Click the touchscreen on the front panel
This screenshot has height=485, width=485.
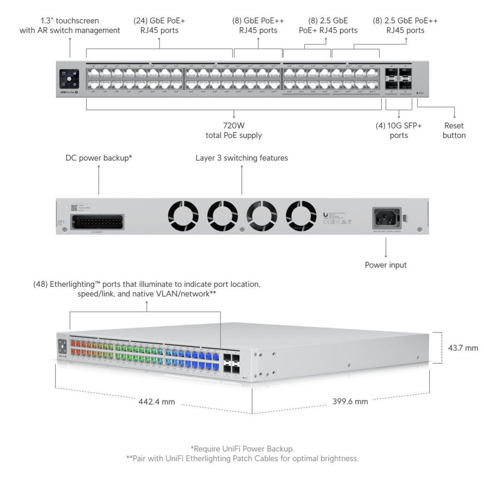click(69, 79)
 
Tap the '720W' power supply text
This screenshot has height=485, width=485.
click(233, 126)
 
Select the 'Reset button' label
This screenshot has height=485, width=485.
click(454, 131)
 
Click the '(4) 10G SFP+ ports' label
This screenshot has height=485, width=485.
click(399, 131)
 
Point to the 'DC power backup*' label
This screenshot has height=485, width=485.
click(99, 158)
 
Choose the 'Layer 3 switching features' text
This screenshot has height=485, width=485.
click(242, 158)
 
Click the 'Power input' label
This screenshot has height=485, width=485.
click(385, 265)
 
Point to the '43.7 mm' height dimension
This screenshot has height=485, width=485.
click(463, 348)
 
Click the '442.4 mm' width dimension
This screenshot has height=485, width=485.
click(156, 402)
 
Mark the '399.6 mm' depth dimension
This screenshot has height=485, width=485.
click(350, 401)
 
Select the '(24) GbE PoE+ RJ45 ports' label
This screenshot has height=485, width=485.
click(160, 25)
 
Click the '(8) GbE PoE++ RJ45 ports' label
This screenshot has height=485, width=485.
click(258, 25)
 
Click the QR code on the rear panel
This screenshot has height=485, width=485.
click(74, 207)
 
